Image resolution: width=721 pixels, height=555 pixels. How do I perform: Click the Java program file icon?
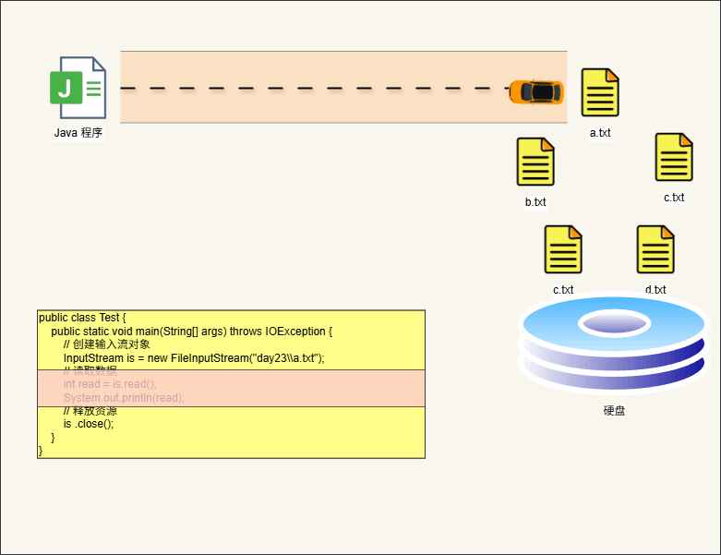point(78,88)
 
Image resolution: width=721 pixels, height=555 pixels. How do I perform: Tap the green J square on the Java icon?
point(64,89)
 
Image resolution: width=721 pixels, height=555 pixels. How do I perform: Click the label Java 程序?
point(78,133)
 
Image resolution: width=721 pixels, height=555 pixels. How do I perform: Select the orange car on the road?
point(536,91)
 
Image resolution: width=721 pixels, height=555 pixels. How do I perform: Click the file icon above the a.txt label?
point(600,92)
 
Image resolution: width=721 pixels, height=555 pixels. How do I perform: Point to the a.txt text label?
point(600,133)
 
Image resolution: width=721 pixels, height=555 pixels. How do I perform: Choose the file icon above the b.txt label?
point(535,162)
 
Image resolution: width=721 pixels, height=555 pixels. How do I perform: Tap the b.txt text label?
point(535,202)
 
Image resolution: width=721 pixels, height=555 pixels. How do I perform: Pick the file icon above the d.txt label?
point(655,249)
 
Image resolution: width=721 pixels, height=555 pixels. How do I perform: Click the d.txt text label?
point(655,290)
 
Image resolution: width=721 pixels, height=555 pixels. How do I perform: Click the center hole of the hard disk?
point(614,323)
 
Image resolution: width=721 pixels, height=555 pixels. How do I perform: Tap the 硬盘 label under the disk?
point(614,410)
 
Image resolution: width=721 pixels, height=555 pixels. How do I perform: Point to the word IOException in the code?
point(296,332)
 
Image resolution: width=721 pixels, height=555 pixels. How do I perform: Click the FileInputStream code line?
point(194,358)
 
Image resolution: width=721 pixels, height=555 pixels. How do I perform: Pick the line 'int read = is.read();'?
point(110,384)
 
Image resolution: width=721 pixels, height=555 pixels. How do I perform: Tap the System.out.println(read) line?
point(124,398)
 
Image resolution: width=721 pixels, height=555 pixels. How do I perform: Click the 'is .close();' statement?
point(89,425)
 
